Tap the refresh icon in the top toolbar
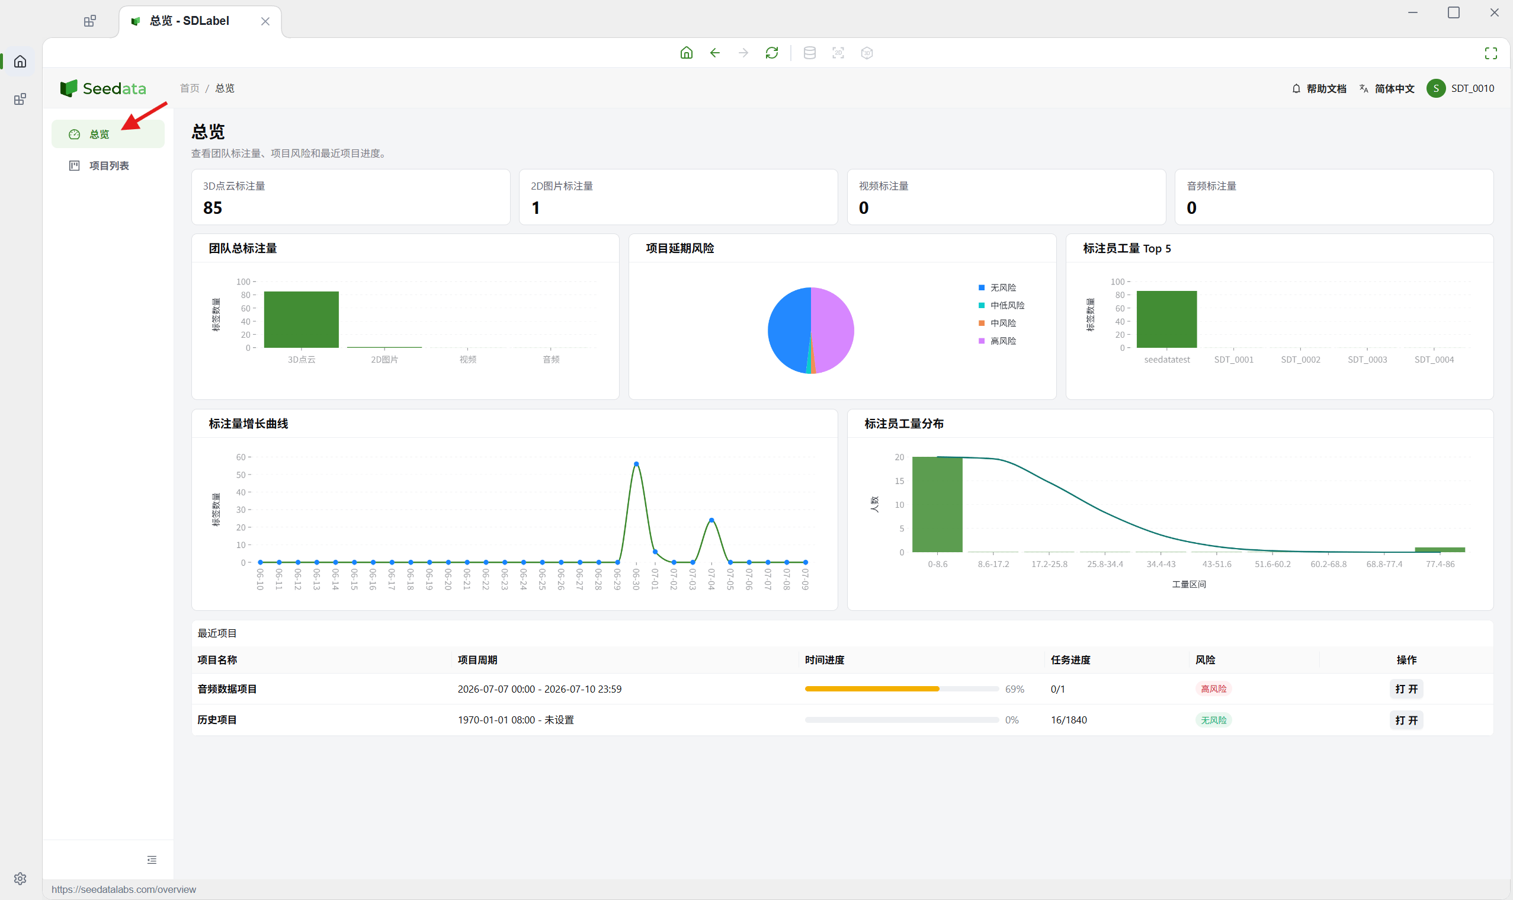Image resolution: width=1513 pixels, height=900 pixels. (771, 53)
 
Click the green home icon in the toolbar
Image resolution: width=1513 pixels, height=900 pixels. (686, 53)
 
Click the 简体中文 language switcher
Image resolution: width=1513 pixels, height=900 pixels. (1387, 88)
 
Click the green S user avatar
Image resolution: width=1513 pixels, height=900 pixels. (1435, 88)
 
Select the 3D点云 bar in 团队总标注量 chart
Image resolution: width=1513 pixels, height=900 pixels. (302, 319)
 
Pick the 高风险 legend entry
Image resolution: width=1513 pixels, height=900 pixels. (998, 341)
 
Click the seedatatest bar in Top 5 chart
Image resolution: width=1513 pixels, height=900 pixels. (1166, 319)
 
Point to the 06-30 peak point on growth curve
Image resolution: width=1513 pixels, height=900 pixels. (636, 464)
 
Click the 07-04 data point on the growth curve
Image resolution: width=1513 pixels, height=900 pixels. (711, 520)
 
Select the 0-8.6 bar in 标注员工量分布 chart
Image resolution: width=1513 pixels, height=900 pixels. (937, 505)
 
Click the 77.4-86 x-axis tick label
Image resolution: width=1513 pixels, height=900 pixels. (1440, 564)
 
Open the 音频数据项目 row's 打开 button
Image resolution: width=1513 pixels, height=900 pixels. (1406, 689)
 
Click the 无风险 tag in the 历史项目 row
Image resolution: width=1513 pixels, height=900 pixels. (1213, 720)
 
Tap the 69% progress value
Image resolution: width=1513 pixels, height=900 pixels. (1014, 689)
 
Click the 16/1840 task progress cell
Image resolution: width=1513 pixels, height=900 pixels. (1069, 720)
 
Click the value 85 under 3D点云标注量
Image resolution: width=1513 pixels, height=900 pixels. (212, 208)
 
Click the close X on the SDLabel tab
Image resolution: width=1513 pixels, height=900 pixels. (265, 21)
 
